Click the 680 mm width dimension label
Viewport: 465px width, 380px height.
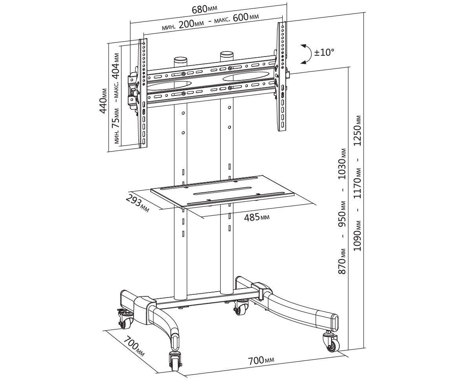(205, 9)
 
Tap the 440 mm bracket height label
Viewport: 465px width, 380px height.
(104, 100)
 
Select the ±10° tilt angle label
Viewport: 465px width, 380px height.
(324, 53)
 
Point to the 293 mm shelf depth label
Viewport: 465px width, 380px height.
(137, 203)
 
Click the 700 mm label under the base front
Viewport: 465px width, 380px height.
(261, 360)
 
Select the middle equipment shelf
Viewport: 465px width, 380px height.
(222, 191)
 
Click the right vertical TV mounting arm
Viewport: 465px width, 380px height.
(282, 76)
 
